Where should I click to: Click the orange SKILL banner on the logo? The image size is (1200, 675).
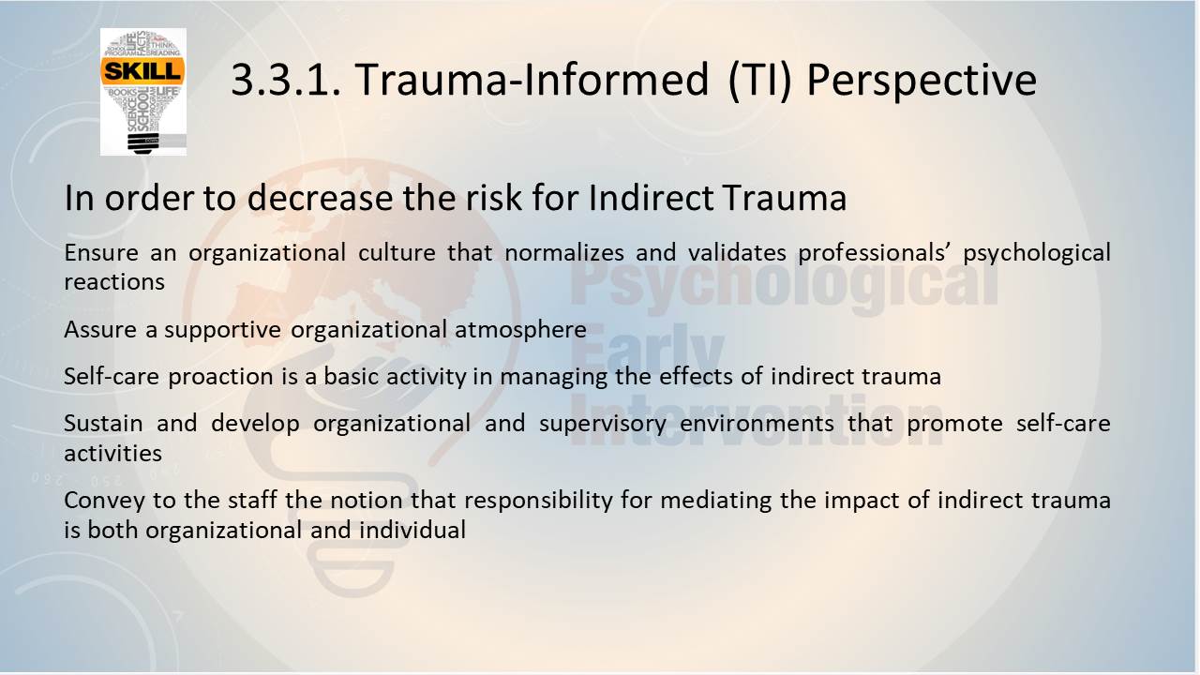pos(142,71)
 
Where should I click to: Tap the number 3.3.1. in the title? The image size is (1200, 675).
pos(286,80)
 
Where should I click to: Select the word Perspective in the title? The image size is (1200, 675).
pos(922,82)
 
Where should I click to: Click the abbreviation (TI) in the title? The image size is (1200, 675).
pos(760,81)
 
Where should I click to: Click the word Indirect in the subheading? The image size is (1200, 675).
pos(651,198)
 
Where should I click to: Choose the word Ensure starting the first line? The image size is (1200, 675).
pos(101,252)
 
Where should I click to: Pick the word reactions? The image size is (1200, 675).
pos(114,282)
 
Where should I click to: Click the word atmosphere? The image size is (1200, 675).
pos(520,330)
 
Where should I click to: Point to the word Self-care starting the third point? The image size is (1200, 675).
pos(112,376)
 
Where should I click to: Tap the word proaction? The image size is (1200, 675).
pos(220,377)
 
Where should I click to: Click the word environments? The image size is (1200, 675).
pos(757,424)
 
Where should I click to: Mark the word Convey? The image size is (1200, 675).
pos(104,501)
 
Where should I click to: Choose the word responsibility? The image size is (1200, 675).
pos(538,501)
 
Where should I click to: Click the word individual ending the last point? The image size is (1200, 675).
pos(412,530)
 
